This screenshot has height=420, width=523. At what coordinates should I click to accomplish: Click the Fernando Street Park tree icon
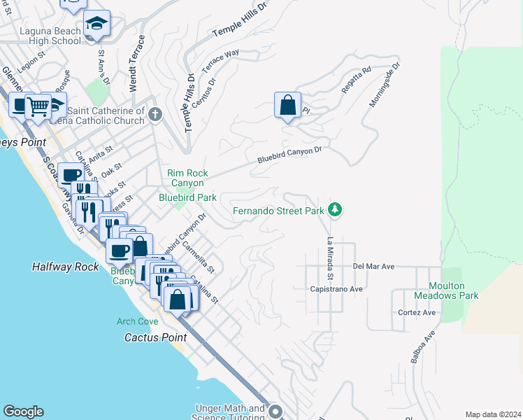[336, 209]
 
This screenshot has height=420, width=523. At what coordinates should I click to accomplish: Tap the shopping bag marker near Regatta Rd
[287, 106]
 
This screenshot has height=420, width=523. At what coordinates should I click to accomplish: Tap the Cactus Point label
[148, 337]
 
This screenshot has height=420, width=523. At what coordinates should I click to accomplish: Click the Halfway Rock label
[57, 267]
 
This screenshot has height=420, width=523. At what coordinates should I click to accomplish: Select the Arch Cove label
[137, 321]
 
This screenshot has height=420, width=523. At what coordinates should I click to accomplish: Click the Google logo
[23, 412]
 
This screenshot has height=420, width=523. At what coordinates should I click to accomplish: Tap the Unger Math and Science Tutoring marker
[274, 412]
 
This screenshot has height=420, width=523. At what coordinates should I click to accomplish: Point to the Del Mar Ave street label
[374, 267]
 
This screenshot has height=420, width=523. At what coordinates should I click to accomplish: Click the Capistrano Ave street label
[336, 288]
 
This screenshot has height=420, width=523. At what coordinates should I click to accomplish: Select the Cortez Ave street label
[416, 312]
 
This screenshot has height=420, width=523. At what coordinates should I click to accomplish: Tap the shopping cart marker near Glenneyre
[38, 106]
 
